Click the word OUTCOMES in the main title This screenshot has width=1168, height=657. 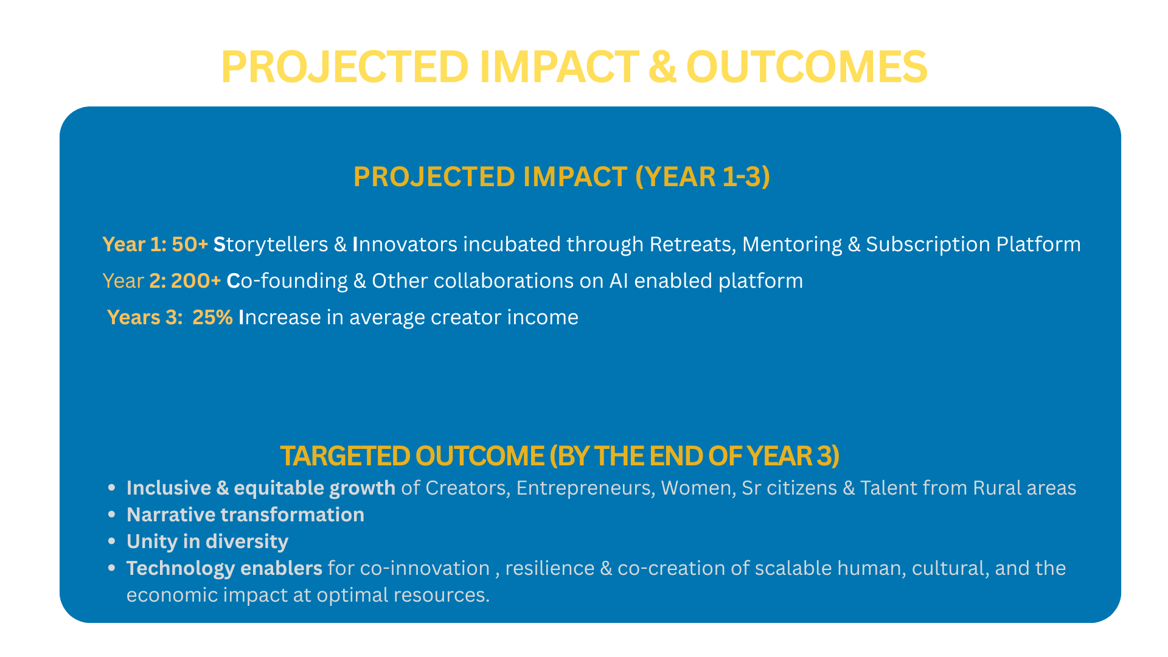(807, 66)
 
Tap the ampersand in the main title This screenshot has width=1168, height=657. (662, 66)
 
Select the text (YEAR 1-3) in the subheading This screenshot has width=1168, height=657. (703, 176)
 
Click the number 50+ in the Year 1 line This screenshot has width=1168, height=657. (190, 245)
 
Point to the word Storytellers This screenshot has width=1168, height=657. (271, 245)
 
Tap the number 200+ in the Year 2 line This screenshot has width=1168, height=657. (196, 281)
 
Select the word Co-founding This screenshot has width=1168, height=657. (287, 281)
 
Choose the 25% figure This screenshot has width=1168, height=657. (212, 318)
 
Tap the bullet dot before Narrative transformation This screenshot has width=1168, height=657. (111, 515)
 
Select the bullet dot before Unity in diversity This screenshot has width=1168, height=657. (111, 541)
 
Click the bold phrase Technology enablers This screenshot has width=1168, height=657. (224, 568)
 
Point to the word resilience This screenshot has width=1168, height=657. (550, 568)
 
